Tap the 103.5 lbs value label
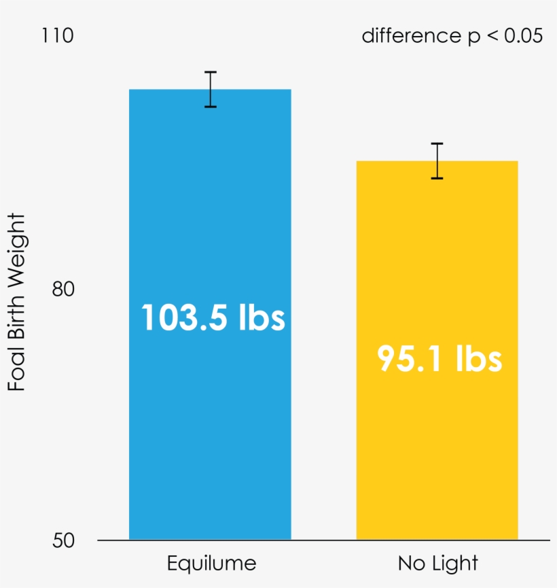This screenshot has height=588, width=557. (x=213, y=317)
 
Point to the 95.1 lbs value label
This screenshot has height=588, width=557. (x=439, y=359)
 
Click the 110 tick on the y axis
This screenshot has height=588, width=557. (x=58, y=35)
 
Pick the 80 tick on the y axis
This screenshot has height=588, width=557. (x=62, y=290)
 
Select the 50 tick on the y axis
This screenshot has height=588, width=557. (x=62, y=541)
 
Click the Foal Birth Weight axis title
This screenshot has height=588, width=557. (x=17, y=302)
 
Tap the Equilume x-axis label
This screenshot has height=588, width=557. (x=211, y=564)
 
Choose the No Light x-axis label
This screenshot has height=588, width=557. (x=437, y=564)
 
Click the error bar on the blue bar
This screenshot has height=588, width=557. (x=211, y=89)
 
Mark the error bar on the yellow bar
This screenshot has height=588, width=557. (x=437, y=161)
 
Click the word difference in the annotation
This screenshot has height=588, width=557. (x=406, y=36)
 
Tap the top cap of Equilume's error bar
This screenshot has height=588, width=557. (x=211, y=72)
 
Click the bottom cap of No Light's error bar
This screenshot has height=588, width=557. (x=437, y=178)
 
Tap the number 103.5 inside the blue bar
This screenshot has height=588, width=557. (x=183, y=317)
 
